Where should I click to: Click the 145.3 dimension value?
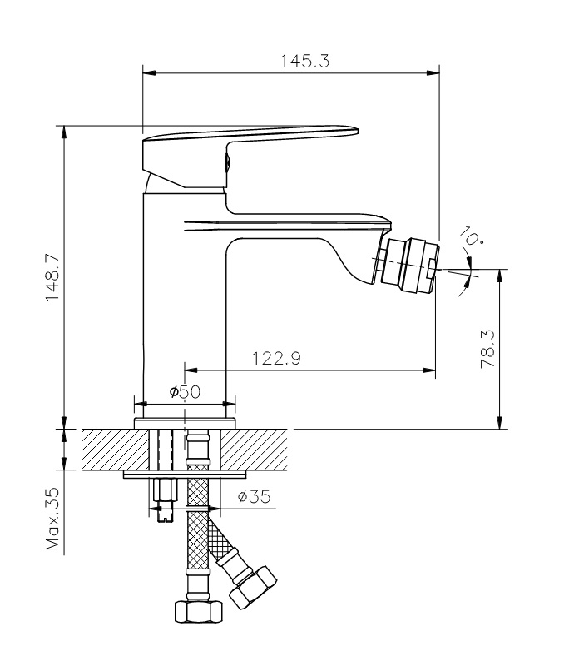pyautogui.click(x=304, y=61)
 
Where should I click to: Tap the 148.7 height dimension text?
pyautogui.click(x=52, y=278)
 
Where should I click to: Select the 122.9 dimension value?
pyautogui.click(x=276, y=359)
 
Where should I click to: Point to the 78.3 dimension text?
pyautogui.click(x=487, y=349)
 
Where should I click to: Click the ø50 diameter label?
pyautogui.click(x=185, y=391)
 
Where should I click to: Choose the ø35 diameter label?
pyautogui.click(x=254, y=496)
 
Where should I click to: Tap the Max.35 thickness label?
pyautogui.click(x=52, y=519)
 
